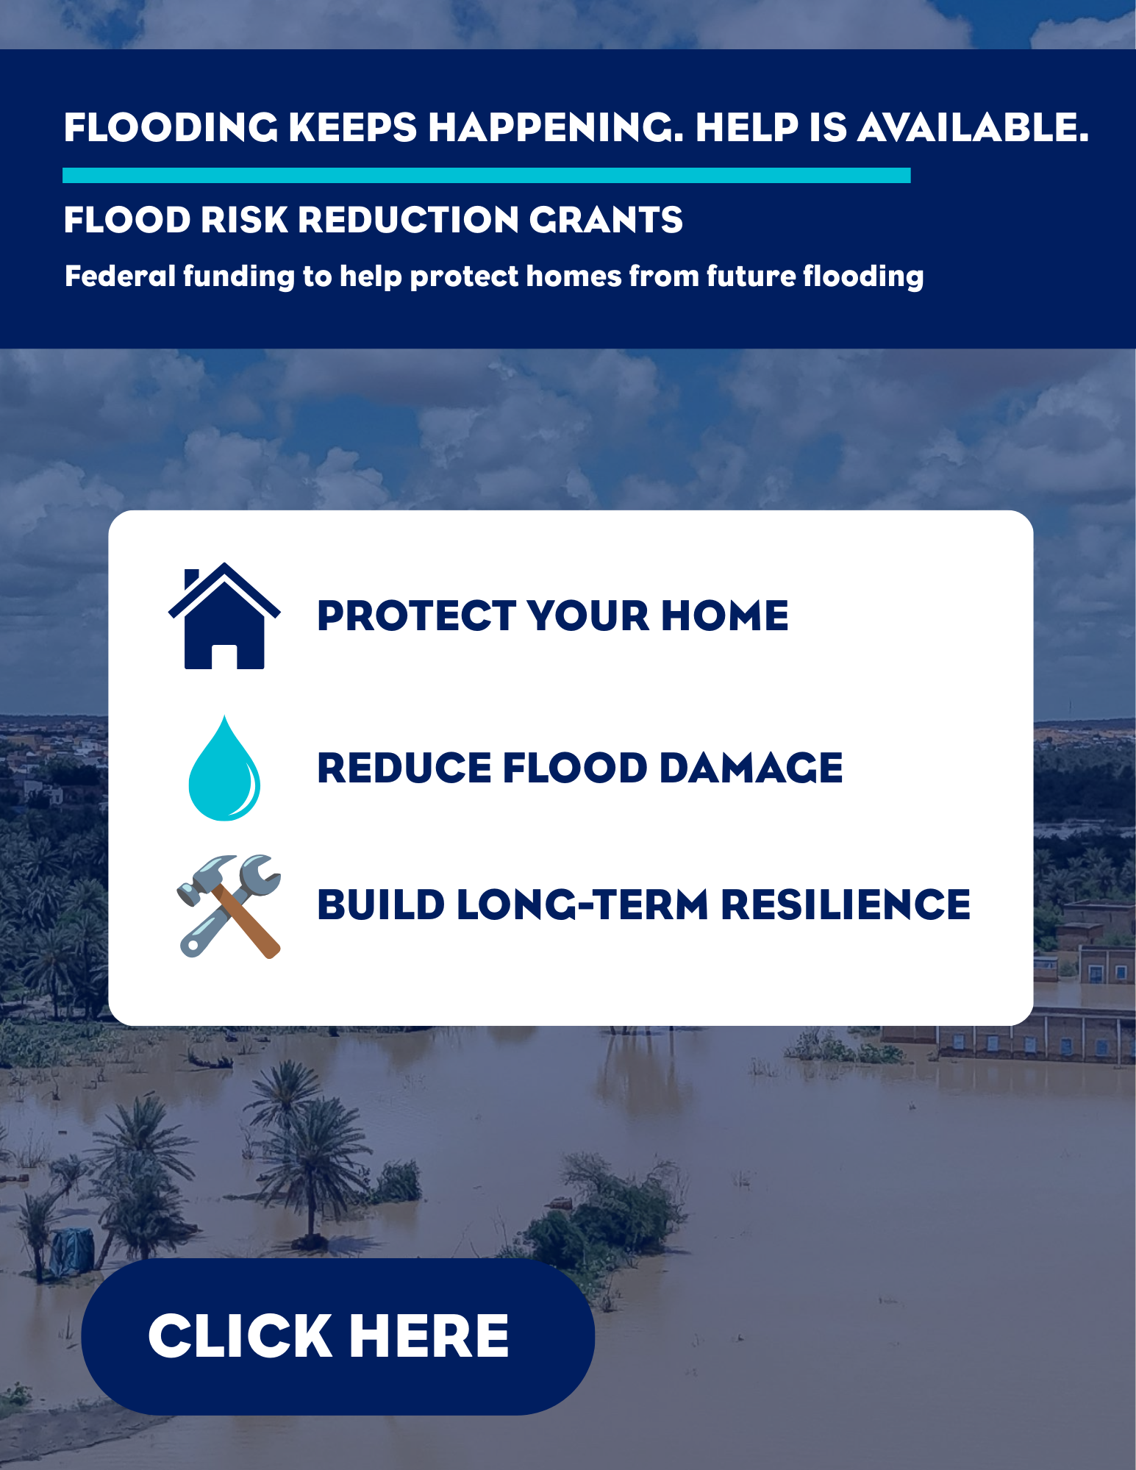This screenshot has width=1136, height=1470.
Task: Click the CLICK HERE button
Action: coord(337,1336)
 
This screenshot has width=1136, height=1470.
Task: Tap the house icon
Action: coord(224,616)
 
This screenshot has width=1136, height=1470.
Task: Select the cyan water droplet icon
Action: coord(224,768)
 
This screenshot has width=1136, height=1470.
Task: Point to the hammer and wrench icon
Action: coord(229,906)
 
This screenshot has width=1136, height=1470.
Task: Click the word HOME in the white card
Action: coord(724,616)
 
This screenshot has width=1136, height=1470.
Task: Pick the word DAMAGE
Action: coord(751,768)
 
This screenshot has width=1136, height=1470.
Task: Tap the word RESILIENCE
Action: coord(846,905)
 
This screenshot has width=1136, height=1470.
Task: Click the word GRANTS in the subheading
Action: coord(606,220)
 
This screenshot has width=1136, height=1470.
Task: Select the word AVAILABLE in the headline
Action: coord(973,128)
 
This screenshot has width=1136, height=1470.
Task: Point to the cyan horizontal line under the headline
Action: coord(487,175)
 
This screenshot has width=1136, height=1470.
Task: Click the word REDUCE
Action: coord(404,768)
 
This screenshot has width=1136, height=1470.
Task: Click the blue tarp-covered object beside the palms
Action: coord(71,1252)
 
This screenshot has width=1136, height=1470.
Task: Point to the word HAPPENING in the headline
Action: coord(556,128)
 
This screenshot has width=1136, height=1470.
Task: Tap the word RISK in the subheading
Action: coord(245,220)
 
